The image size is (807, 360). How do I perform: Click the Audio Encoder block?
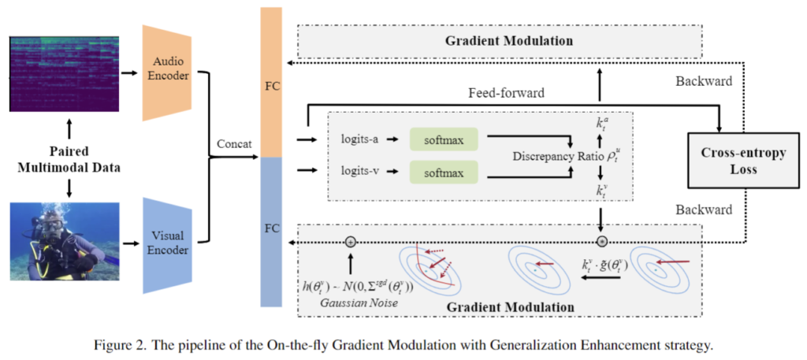(166, 72)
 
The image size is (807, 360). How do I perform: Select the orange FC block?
(270, 83)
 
